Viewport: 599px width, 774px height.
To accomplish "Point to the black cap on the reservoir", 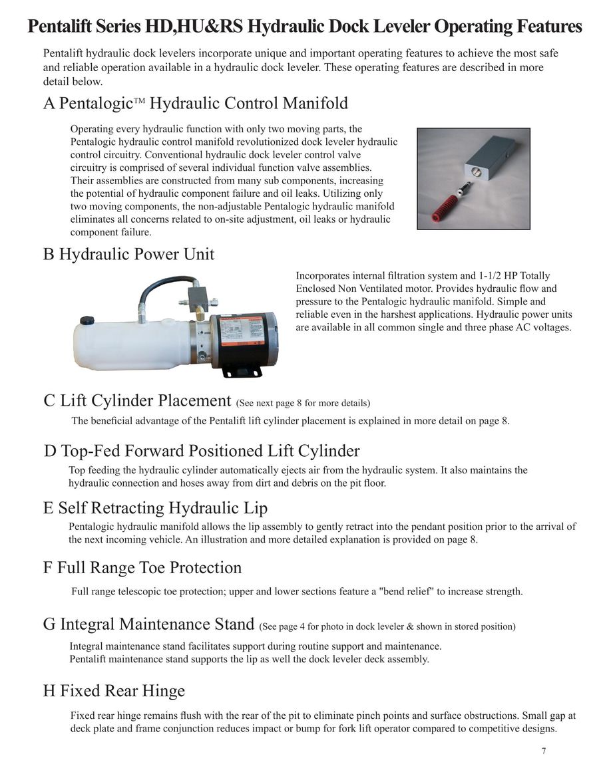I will pyautogui.click(x=87, y=321).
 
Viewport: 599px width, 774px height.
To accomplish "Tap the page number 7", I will pyautogui.click(x=544, y=751).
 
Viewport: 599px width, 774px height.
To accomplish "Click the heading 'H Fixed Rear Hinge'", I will pyautogui.click(x=114, y=691).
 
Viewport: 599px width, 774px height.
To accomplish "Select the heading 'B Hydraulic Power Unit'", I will pyautogui.click(x=128, y=254).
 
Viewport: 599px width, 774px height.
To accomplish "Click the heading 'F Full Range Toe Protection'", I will pyautogui.click(x=142, y=567).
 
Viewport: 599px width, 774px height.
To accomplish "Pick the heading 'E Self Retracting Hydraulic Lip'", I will pyautogui.click(x=155, y=508).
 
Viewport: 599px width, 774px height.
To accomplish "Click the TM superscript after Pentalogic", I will pyautogui.click(x=139, y=100).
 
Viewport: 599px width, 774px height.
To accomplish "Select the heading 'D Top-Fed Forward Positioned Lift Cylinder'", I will pyautogui.click(x=202, y=451).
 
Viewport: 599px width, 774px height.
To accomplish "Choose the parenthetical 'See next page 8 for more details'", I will pyautogui.click(x=303, y=403).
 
